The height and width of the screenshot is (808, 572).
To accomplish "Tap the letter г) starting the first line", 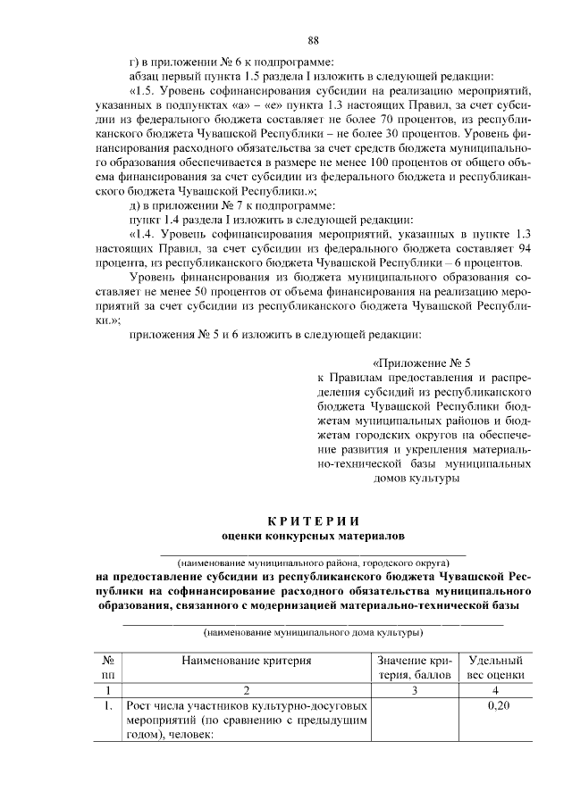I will [134, 61].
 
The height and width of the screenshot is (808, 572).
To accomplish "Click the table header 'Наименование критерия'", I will [247, 662].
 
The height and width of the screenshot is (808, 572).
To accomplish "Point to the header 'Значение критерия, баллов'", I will [416, 668].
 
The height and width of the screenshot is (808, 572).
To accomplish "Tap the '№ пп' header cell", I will [107, 668].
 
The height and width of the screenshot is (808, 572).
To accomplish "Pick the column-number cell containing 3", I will [416, 690].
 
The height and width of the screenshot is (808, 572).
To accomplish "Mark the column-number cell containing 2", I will [247, 690].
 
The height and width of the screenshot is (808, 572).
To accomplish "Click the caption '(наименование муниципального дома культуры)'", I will [313, 633].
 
